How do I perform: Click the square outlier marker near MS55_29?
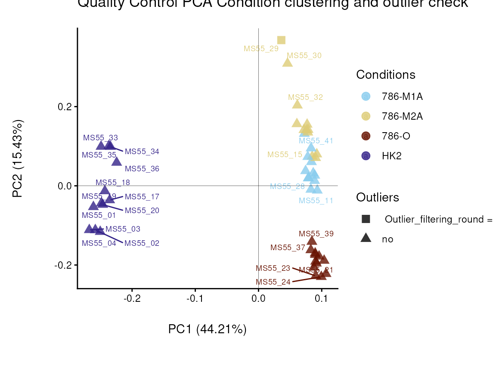click(x=281, y=40)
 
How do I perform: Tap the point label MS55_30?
click(x=304, y=56)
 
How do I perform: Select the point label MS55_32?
click(x=305, y=97)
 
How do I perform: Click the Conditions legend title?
click(x=385, y=75)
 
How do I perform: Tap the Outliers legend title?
click(x=377, y=197)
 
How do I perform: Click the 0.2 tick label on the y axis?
click(x=65, y=106)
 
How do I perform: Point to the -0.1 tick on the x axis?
click(x=195, y=299)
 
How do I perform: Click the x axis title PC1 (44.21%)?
click(x=207, y=329)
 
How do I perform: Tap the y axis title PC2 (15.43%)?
click(x=18, y=158)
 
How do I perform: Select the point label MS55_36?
click(x=142, y=169)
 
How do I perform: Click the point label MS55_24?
click(x=273, y=282)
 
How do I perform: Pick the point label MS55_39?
click(x=316, y=234)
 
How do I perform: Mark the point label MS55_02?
click(x=142, y=243)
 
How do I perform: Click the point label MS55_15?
click(x=285, y=155)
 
